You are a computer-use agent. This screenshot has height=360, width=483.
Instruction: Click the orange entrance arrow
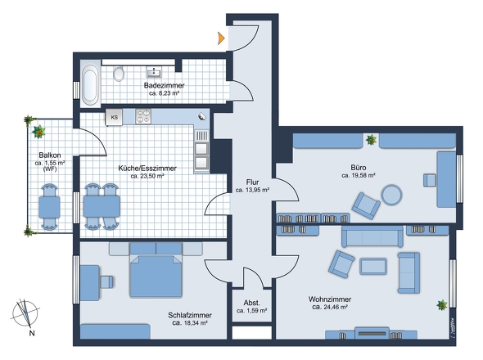221,37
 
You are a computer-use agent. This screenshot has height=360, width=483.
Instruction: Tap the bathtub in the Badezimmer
89,83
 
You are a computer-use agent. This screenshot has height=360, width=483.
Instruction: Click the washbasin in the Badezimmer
154,71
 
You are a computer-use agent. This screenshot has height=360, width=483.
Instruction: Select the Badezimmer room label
164,85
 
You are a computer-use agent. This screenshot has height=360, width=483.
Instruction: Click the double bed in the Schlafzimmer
155,277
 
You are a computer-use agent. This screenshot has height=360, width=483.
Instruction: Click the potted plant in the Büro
372,139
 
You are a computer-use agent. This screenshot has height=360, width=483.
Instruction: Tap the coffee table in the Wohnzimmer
374,266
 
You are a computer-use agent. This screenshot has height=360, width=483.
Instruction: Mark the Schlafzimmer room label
189,315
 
